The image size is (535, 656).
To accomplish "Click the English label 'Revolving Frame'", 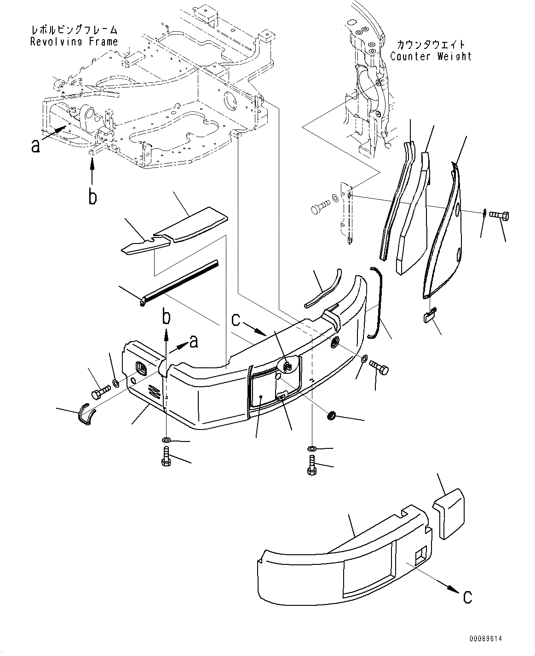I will pyautogui.click(x=74, y=42).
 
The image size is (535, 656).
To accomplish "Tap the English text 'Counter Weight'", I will pyautogui.click(x=431, y=57).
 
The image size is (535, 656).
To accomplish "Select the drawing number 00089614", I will pyautogui.click(x=486, y=639).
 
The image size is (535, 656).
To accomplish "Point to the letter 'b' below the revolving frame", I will pyautogui.click(x=93, y=197).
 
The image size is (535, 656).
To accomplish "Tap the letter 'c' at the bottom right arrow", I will pyautogui.click(x=467, y=597).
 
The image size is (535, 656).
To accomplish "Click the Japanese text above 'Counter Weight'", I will pyautogui.click(x=431, y=45).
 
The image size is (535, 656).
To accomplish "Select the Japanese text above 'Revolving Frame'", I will pyautogui.click(x=74, y=30).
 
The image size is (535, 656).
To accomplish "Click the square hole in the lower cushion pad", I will pyautogui.click(x=420, y=556).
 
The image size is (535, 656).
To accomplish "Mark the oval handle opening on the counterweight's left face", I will pyautogui.click(x=141, y=369).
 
